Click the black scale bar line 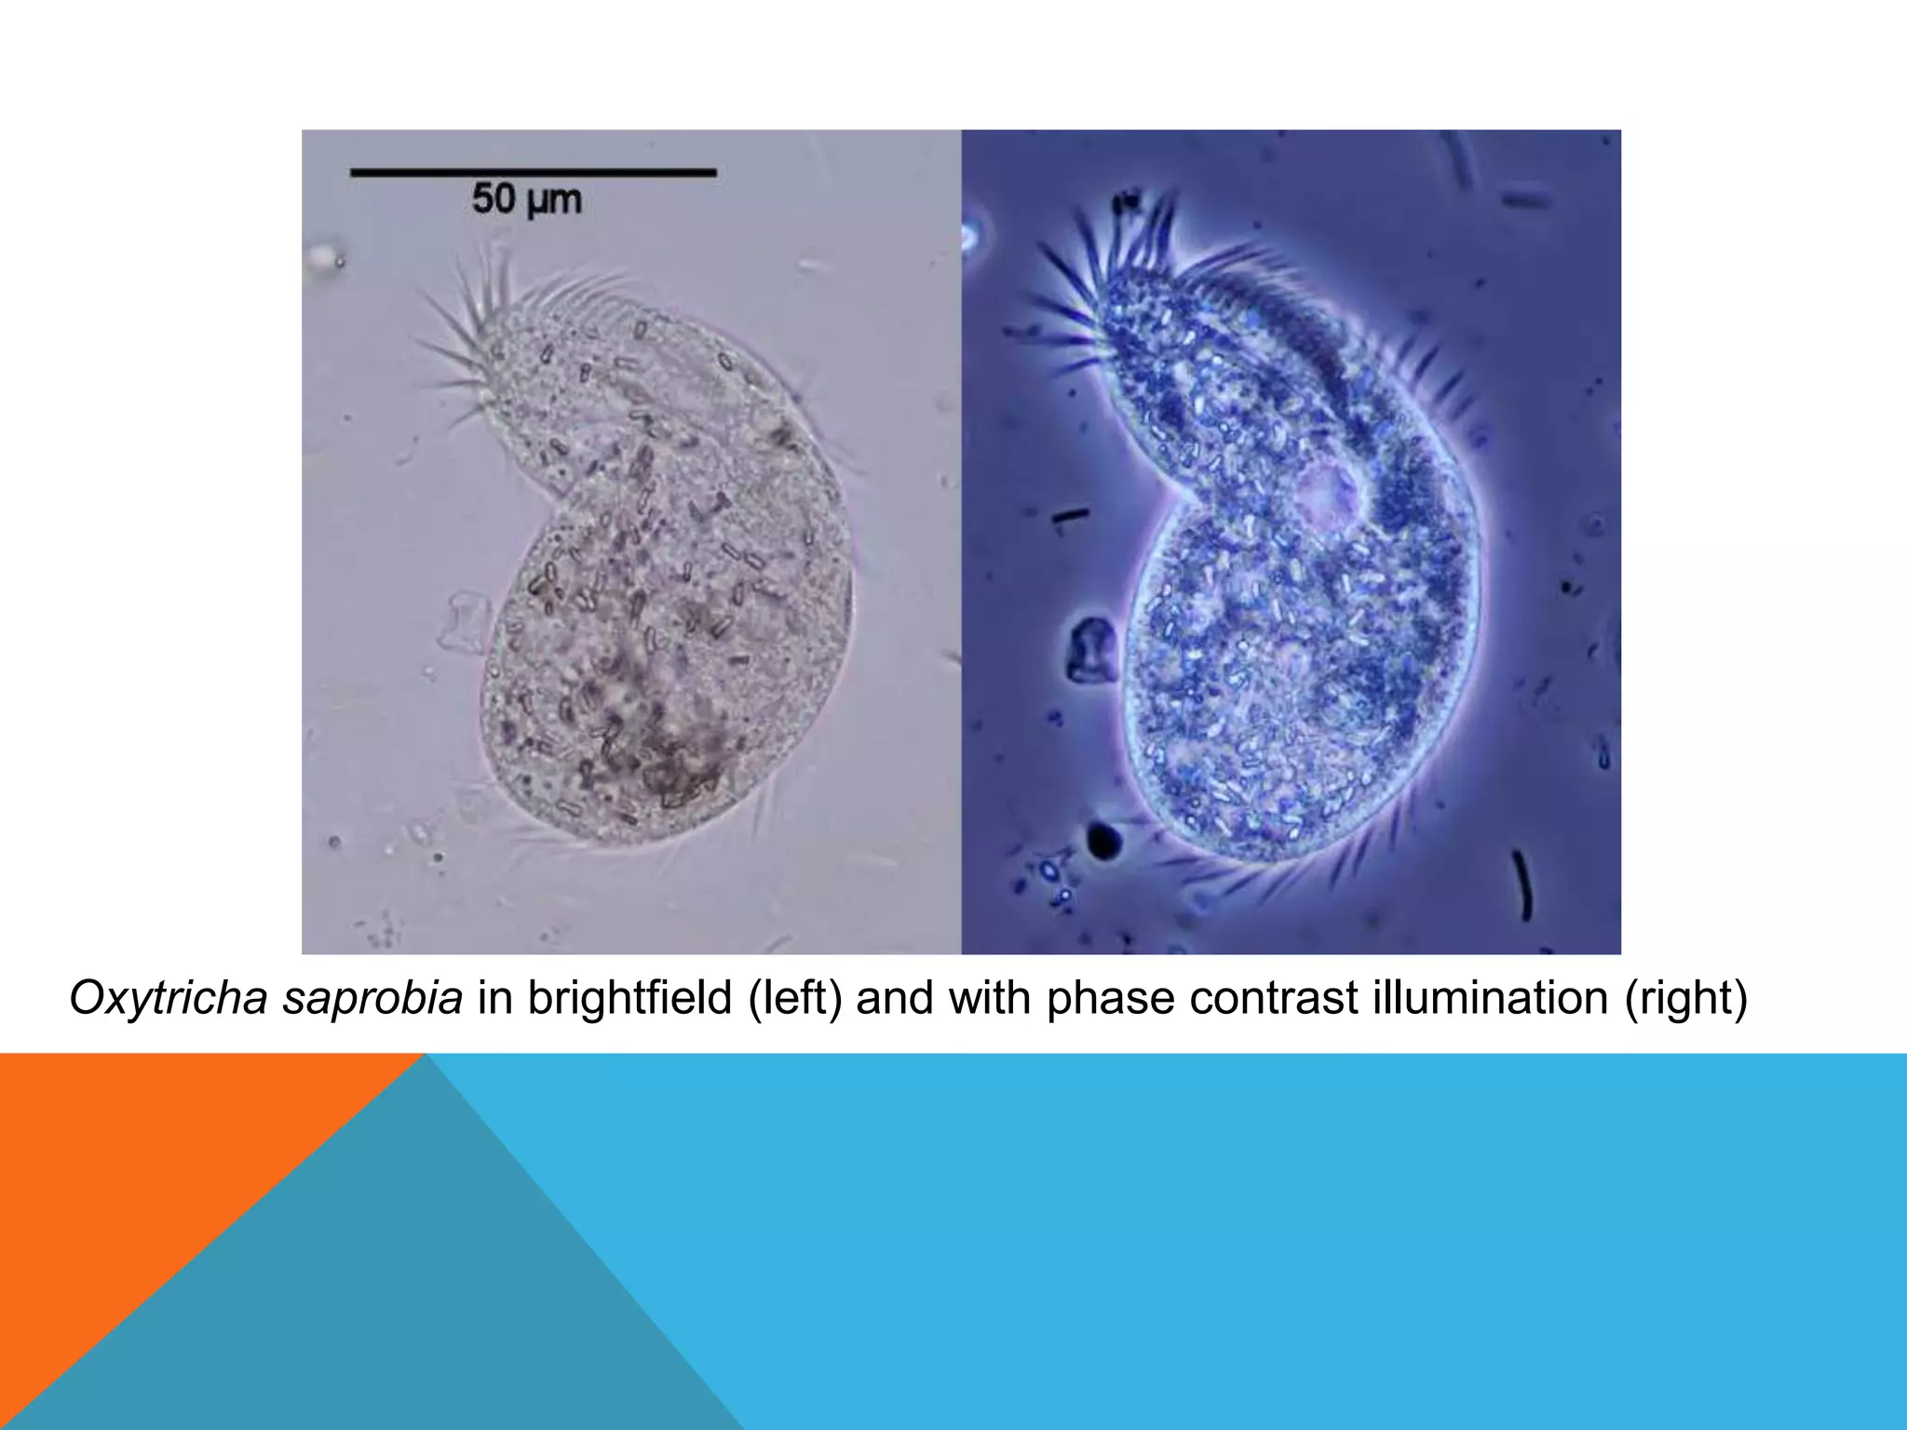coord(533,172)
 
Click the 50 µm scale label coord(526,199)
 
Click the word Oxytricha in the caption coord(168,999)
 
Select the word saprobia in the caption coord(372,999)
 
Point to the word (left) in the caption coord(795,999)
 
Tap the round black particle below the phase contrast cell coord(1104,840)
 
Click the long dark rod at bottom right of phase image coord(1523,884)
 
